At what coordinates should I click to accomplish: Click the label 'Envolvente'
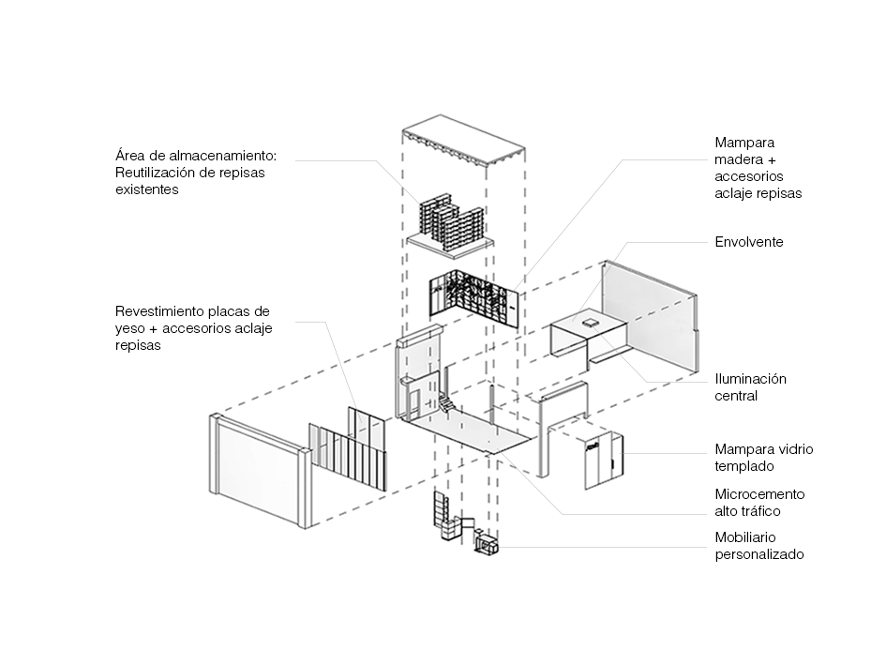click(748, 242)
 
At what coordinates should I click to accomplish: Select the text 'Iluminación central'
click(750, 387)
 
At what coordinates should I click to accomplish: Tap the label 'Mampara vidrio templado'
click(763, 458)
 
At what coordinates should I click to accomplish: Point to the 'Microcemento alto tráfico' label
click(759, 503)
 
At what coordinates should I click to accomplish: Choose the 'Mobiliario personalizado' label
click(759, 546)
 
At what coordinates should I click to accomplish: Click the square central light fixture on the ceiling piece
click(590, 322)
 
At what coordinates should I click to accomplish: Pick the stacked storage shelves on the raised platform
click(450, 222)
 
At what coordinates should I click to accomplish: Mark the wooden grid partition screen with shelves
click(473, 296)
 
